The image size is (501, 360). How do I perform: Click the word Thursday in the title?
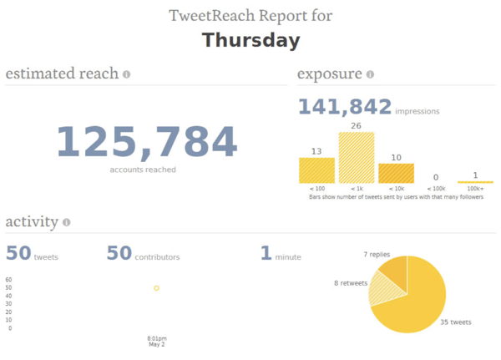[x=250, y=40]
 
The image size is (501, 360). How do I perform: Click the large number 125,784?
[x=146, y=143]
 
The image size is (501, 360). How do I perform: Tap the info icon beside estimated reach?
[x=127, y=74]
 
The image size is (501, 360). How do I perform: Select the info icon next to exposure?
[x=370, y=74]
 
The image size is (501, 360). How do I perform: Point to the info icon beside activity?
[x=66, y=223]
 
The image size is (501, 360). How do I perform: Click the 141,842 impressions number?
[x=345, y=107]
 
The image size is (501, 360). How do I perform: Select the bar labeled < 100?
[x=316, y=170]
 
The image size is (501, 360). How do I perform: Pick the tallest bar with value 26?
[x=357, y=158]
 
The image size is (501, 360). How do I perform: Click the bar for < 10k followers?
[x=396, y=173]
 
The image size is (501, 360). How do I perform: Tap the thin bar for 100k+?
[x=475, y=181]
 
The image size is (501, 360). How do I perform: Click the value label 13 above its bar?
[x=316, y=151]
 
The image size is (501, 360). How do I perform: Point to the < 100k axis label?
[x=435, y=190]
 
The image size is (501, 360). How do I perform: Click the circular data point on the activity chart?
[x=156, y=288]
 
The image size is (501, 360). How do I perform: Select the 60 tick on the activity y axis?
[x=8, y=280]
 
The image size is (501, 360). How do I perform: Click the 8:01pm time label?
[x=156, y=338]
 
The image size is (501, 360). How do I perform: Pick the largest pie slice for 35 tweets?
[x=417, y=301]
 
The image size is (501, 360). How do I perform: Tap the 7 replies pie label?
[x=377, y=254]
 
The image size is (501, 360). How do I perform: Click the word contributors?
[x=157, y=257]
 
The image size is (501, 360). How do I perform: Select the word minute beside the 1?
[x=288, y=257]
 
